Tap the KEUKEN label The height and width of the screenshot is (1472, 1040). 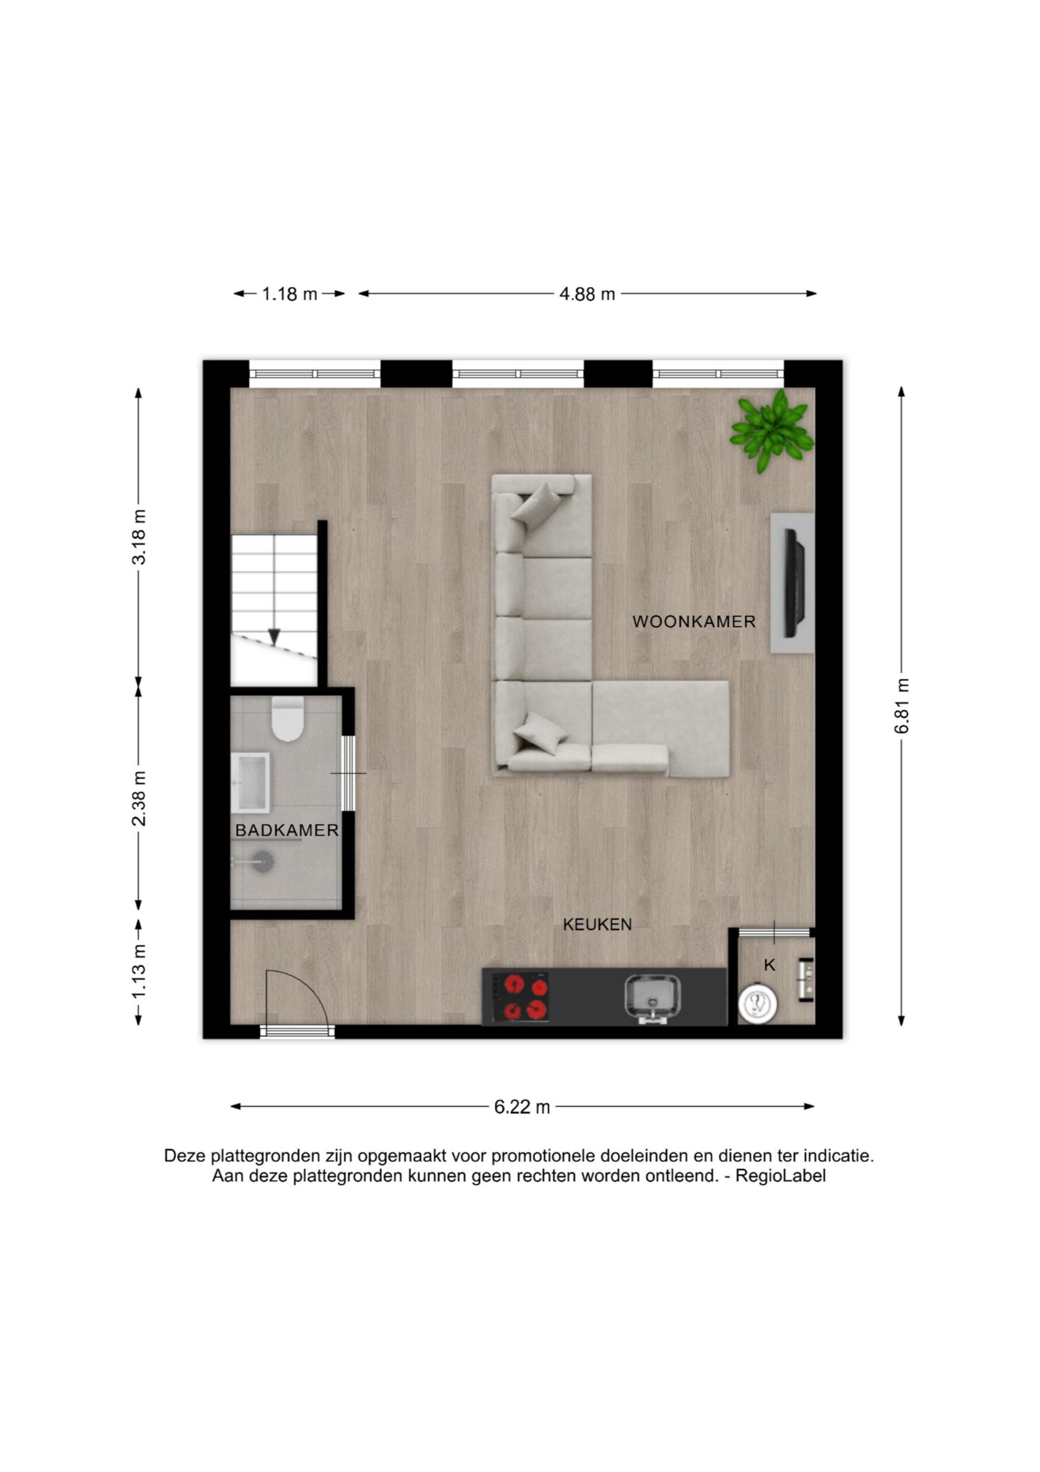click(x=597, y=924)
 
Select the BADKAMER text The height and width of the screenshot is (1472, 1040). click(x=287, y=830)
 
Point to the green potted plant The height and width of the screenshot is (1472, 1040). click(x=772, y=431)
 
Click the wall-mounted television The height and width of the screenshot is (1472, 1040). click(x=795, y=583)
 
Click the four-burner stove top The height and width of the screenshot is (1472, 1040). click(x=521, y=997)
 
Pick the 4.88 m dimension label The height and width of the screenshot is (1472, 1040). click(x=587, y=294)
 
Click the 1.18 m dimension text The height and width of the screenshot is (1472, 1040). click(x=290, y=294)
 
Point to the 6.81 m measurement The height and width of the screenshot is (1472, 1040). click(x=902, y=707)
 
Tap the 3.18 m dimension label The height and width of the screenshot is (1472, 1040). click(x=138, y=537)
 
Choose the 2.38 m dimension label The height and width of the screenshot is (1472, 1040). click(x=138, y=798)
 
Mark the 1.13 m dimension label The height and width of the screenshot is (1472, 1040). click(x=138, y=971)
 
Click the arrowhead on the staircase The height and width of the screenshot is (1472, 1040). click(x=274, y=637)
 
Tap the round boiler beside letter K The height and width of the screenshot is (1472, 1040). click(x=757, y=1003)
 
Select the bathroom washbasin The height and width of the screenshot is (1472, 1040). click(x=251, y=782)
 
